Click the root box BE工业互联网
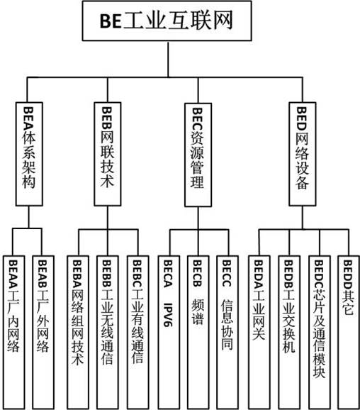coord(167,21)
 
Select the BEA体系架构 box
coord(29,154)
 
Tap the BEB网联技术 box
coord(108,154)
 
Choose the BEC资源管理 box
coord(198,155)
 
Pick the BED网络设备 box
coord(303,154)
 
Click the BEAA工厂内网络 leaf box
coord(14,333)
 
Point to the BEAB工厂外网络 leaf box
coord(43,333)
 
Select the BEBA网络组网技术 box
coord(78,333)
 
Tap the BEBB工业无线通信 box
coord(108,333)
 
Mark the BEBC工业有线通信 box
coord(138,333)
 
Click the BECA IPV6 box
coord(169,333)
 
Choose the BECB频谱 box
coord(198,333)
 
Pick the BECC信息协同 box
coord(227,333)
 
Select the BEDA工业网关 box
coord(259,333)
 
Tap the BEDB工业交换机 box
coord(289,333)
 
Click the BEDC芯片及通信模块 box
coord(320,333)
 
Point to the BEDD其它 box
coord(349,333)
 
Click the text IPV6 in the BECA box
coord(168,314)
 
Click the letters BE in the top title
coord(111,21)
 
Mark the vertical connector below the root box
coord(168,59)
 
